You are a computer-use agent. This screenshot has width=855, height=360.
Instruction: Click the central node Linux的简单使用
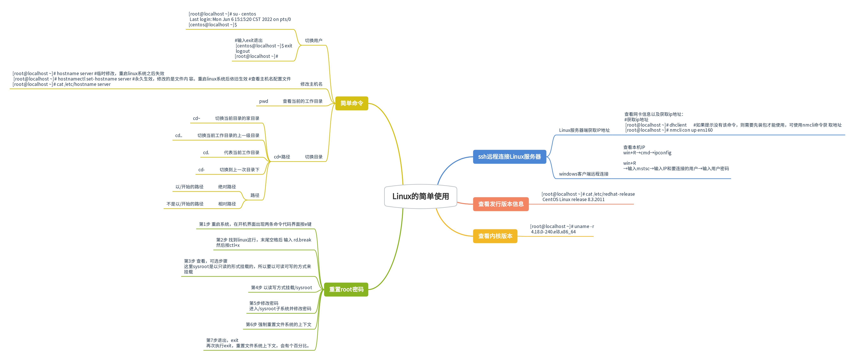point(421,196)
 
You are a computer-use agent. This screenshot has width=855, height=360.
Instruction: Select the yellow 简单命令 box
point(351,103)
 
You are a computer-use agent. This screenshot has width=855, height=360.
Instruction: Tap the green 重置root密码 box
point(346,289)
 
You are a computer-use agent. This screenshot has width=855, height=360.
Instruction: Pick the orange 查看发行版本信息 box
point(501,204)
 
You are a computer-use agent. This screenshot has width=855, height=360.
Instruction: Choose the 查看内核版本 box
point(495,236)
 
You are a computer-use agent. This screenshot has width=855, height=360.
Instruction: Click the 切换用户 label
point(313,41)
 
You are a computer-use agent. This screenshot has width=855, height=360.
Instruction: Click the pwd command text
point(264,101)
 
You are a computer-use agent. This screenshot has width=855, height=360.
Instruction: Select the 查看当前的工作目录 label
point(302,101)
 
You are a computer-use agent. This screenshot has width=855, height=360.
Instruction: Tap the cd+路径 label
point(282,157)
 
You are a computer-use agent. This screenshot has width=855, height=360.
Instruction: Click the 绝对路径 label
point(227,187)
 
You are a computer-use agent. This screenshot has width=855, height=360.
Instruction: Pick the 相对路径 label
point(227,204)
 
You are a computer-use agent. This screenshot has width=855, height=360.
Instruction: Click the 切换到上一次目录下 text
point(239,170)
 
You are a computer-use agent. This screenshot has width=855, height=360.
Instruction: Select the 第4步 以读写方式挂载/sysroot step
point(281,288)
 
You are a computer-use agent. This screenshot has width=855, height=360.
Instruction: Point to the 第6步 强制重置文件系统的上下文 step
point(278,325)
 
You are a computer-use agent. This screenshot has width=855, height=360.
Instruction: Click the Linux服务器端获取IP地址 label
point(584,130)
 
